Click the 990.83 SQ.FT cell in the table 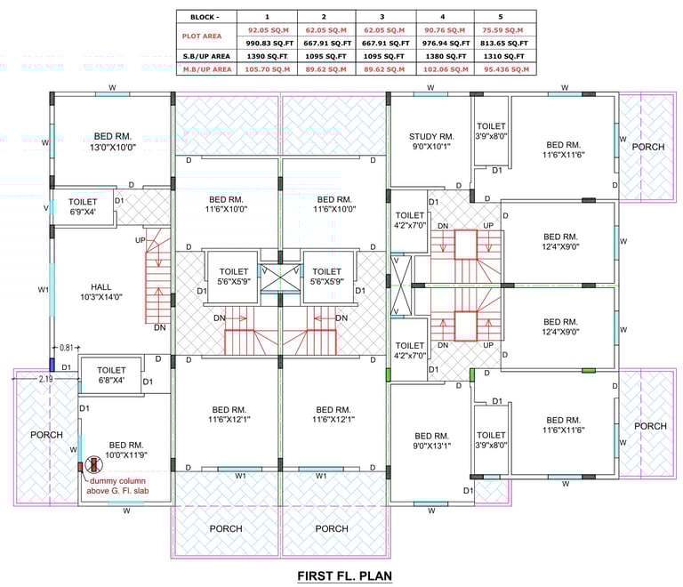click(x=269, y=43)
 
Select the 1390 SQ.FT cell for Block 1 click(x=267, y=56)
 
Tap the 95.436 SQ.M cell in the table click(x=507, y=69)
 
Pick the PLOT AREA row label click(x=202, y=36)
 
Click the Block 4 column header click(x=443, y=17)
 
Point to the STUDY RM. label click(x=431, y=136)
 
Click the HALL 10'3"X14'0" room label click(x=101, y=292)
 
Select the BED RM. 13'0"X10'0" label click(x=113, y=141)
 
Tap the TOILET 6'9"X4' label click(x=83, y=206)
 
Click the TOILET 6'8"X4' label click(x=111, y=374)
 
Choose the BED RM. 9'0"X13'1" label click(x=431, y=440)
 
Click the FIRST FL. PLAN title click(x=344, y=575)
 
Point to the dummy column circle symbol click(x=93, y=464)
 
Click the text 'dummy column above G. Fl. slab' click(x=117, y=486)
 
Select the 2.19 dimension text click(x=45, y=379)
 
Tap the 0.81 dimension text click(x=67, y=348)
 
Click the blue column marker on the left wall click(x=52, y=365)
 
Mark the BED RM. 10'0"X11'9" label click(x=126, y=450)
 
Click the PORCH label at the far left click(x=46, y=435)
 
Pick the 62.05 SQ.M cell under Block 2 click(x=325, y=30)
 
